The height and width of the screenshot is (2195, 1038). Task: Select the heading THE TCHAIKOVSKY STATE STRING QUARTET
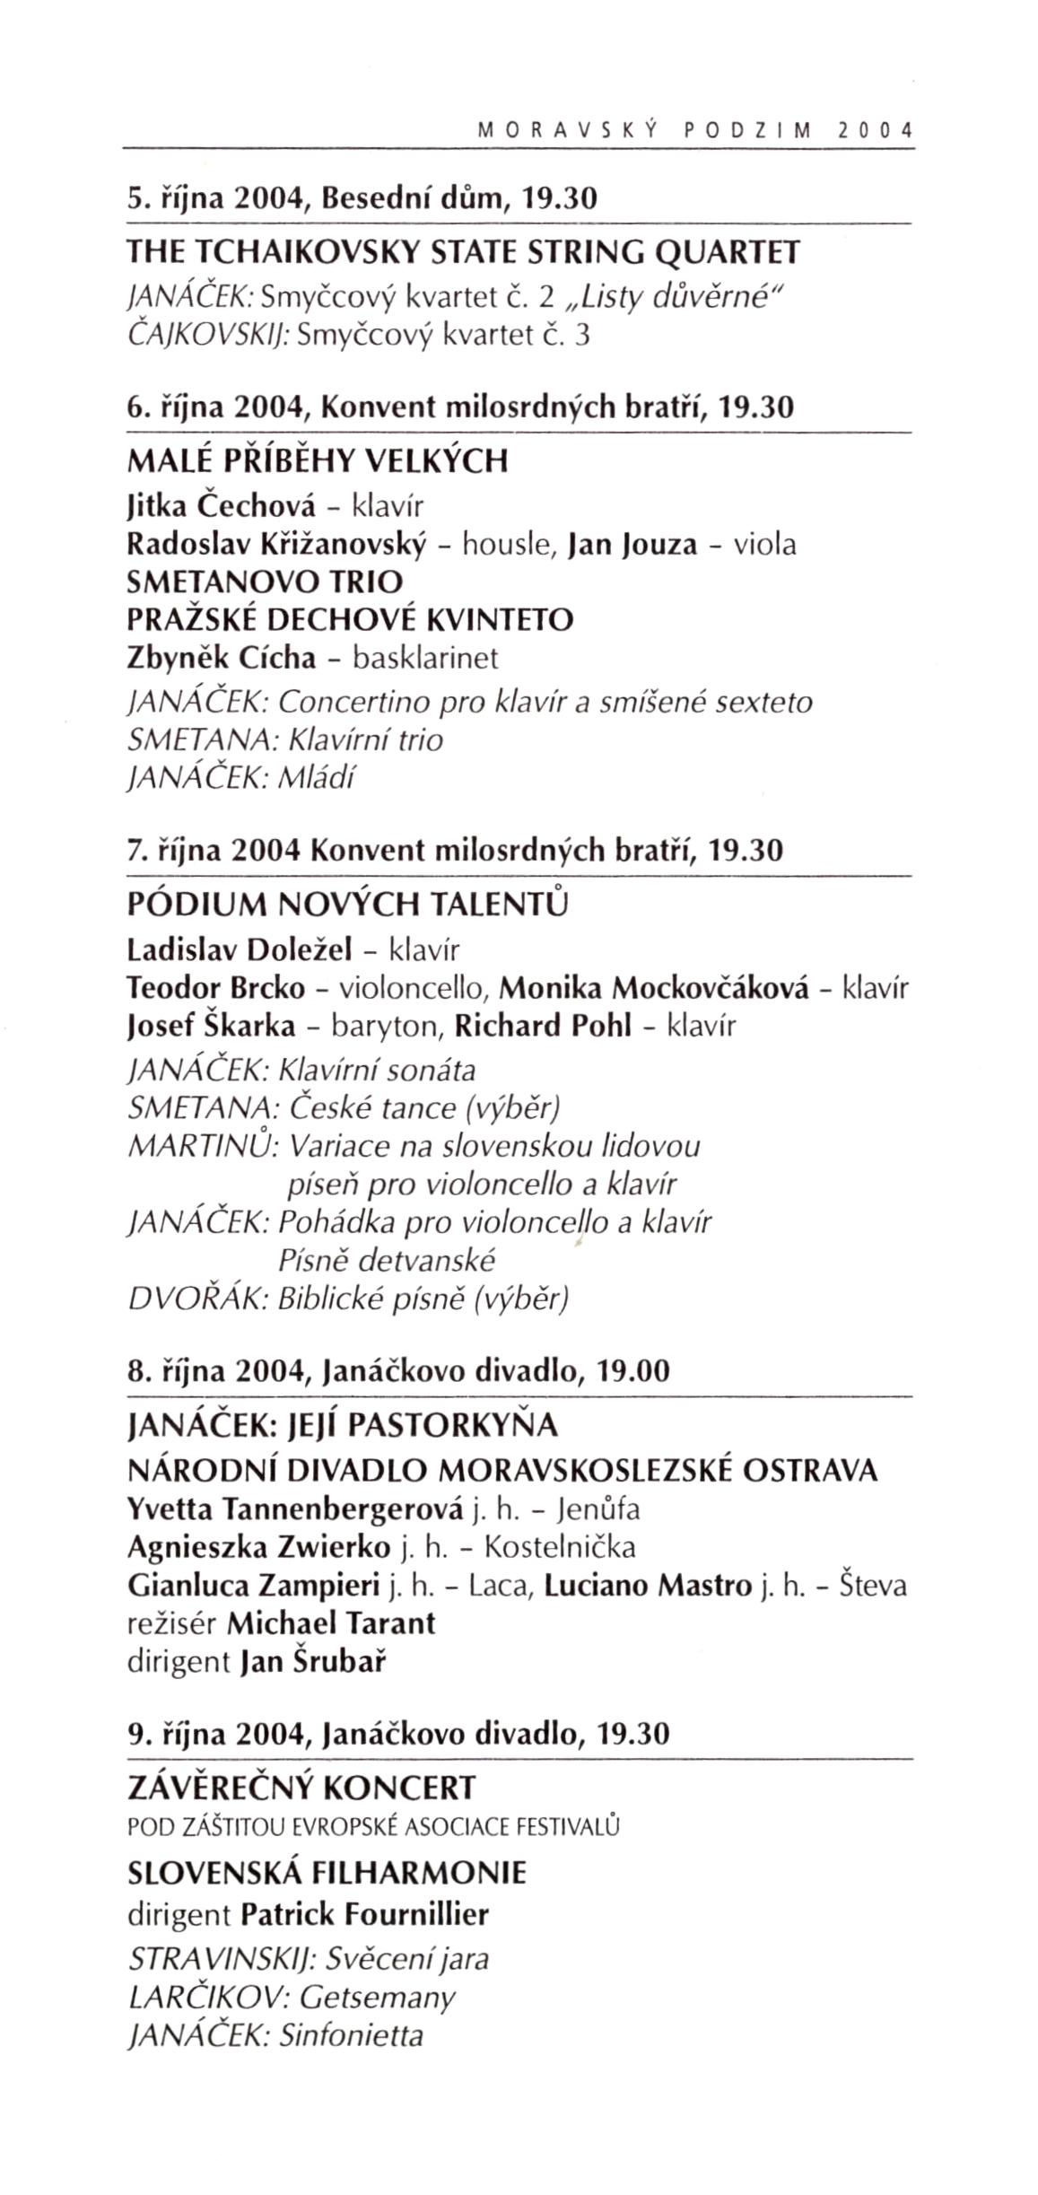(x=463, y=253)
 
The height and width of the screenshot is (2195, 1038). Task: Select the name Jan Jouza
(x=632, y=545)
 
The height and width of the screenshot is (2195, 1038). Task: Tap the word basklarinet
(x=425, y=658)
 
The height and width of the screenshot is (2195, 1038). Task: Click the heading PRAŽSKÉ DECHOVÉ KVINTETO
(x=351, y=619)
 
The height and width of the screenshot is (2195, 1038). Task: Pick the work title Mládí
(x=318, y=777)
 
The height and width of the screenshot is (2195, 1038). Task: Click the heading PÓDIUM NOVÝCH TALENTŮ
(x=349, y=903)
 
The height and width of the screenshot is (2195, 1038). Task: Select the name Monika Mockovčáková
(x=654, y=988)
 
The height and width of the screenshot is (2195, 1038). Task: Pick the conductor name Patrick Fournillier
(x=365, y=1915)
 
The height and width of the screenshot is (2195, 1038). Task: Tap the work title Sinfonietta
(x=351, y=2035)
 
